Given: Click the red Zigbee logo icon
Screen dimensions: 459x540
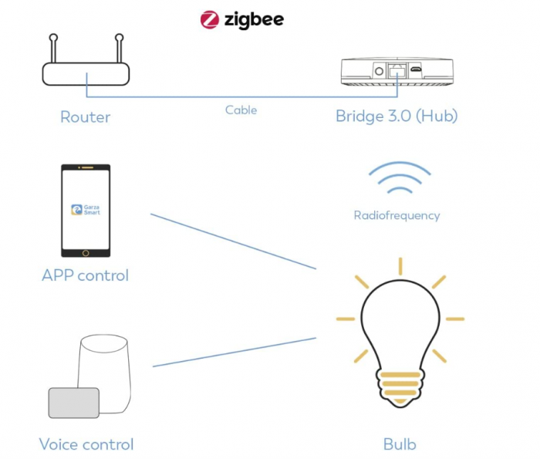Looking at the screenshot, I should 210,19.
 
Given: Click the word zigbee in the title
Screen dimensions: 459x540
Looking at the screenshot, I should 252,19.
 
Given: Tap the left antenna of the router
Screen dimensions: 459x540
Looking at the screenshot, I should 52,48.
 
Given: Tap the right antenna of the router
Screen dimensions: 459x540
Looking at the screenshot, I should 120,48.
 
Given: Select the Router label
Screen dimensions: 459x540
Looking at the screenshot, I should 86,117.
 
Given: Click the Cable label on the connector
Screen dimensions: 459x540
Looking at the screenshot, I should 241,110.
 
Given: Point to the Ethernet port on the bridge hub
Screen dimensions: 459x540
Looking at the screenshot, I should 397,70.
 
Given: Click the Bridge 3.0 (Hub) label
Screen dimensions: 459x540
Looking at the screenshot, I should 397,116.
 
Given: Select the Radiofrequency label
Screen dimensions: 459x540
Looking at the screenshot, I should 397,215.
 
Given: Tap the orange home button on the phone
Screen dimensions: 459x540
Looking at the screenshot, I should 86,252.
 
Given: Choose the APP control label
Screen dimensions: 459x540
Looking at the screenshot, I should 86,275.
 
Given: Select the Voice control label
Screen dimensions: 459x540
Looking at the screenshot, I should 86,444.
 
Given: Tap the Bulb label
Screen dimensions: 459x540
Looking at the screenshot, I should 400,444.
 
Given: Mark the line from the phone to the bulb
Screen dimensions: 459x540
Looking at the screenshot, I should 231,241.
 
